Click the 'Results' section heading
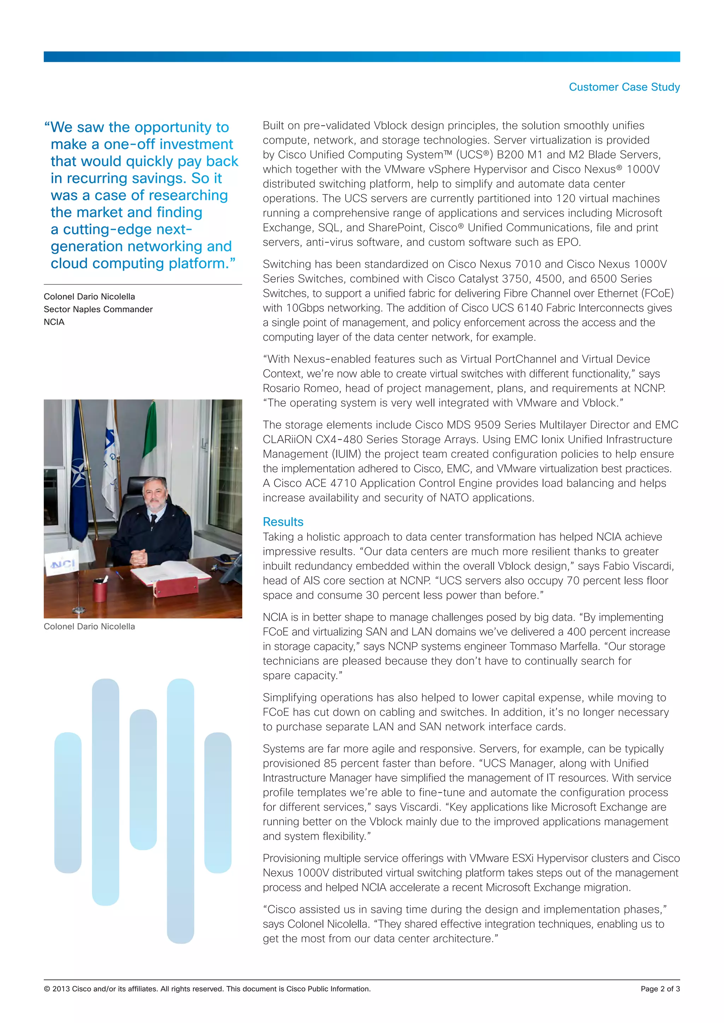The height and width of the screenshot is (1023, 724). point(283,522)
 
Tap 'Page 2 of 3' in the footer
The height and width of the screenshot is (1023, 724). point(660,989)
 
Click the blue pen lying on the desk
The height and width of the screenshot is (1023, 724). point(119,575)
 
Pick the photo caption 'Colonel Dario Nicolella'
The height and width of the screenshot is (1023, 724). point(89,626)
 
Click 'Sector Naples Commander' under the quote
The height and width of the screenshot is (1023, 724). point(98,309)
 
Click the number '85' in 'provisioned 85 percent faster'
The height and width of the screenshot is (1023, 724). point(330,763)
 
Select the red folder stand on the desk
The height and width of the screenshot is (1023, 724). point(176,586)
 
